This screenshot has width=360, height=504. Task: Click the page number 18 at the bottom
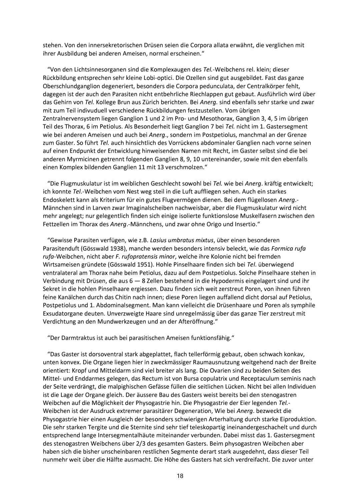tap(180, 476)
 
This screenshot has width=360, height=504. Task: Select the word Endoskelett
tap(59, 200)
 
